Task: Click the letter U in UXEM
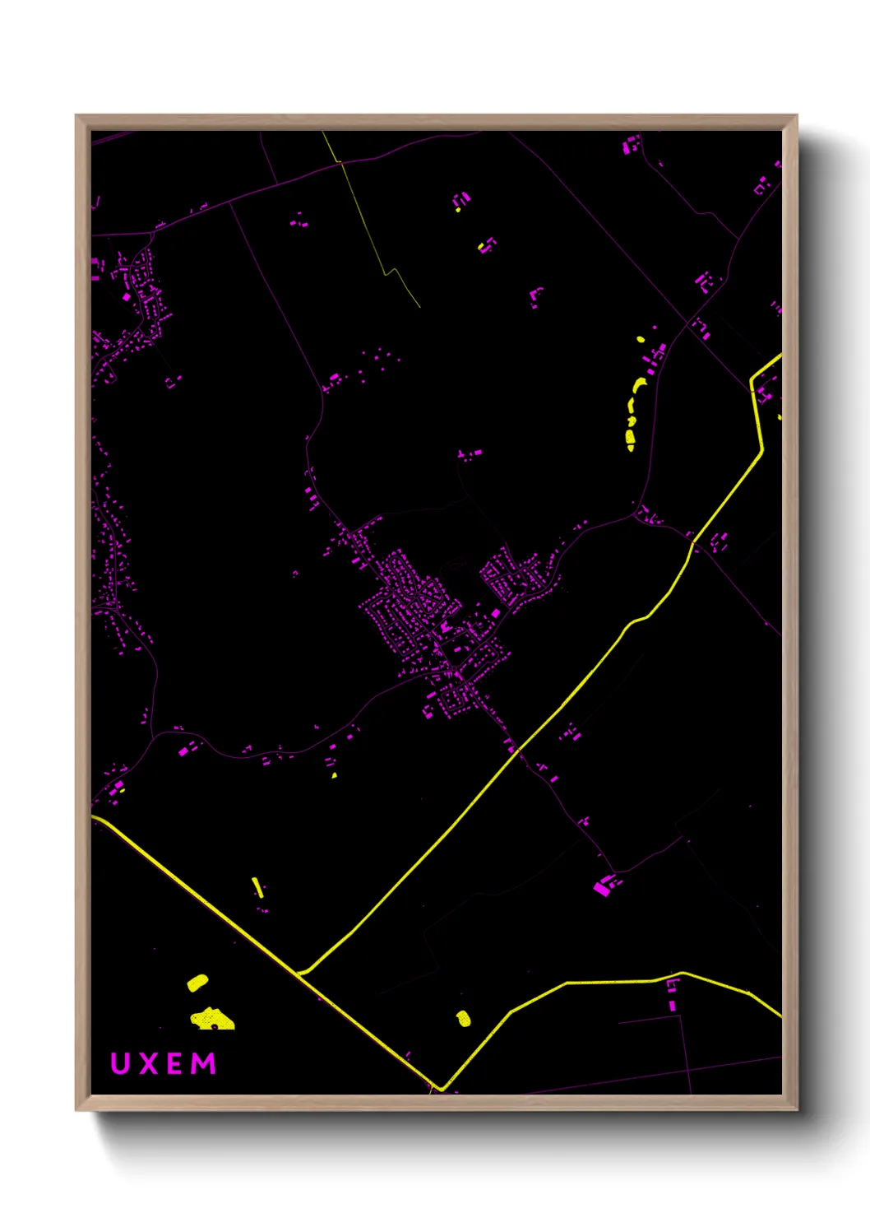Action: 120,1063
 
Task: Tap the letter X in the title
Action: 149,1063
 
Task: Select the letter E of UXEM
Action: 176,1063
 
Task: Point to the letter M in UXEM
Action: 204,1063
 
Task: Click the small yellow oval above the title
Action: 197,982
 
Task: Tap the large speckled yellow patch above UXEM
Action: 213,1020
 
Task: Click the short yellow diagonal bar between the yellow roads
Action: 257,887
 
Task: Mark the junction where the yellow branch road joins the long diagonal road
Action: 302,972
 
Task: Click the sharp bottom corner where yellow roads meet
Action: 442,1088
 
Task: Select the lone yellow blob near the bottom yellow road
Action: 464,1019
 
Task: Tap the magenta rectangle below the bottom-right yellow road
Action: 673,1005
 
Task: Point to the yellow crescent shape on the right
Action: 639,386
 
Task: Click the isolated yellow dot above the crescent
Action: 641,339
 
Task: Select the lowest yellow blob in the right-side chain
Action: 631,446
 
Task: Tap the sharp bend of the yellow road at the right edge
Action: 752,381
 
